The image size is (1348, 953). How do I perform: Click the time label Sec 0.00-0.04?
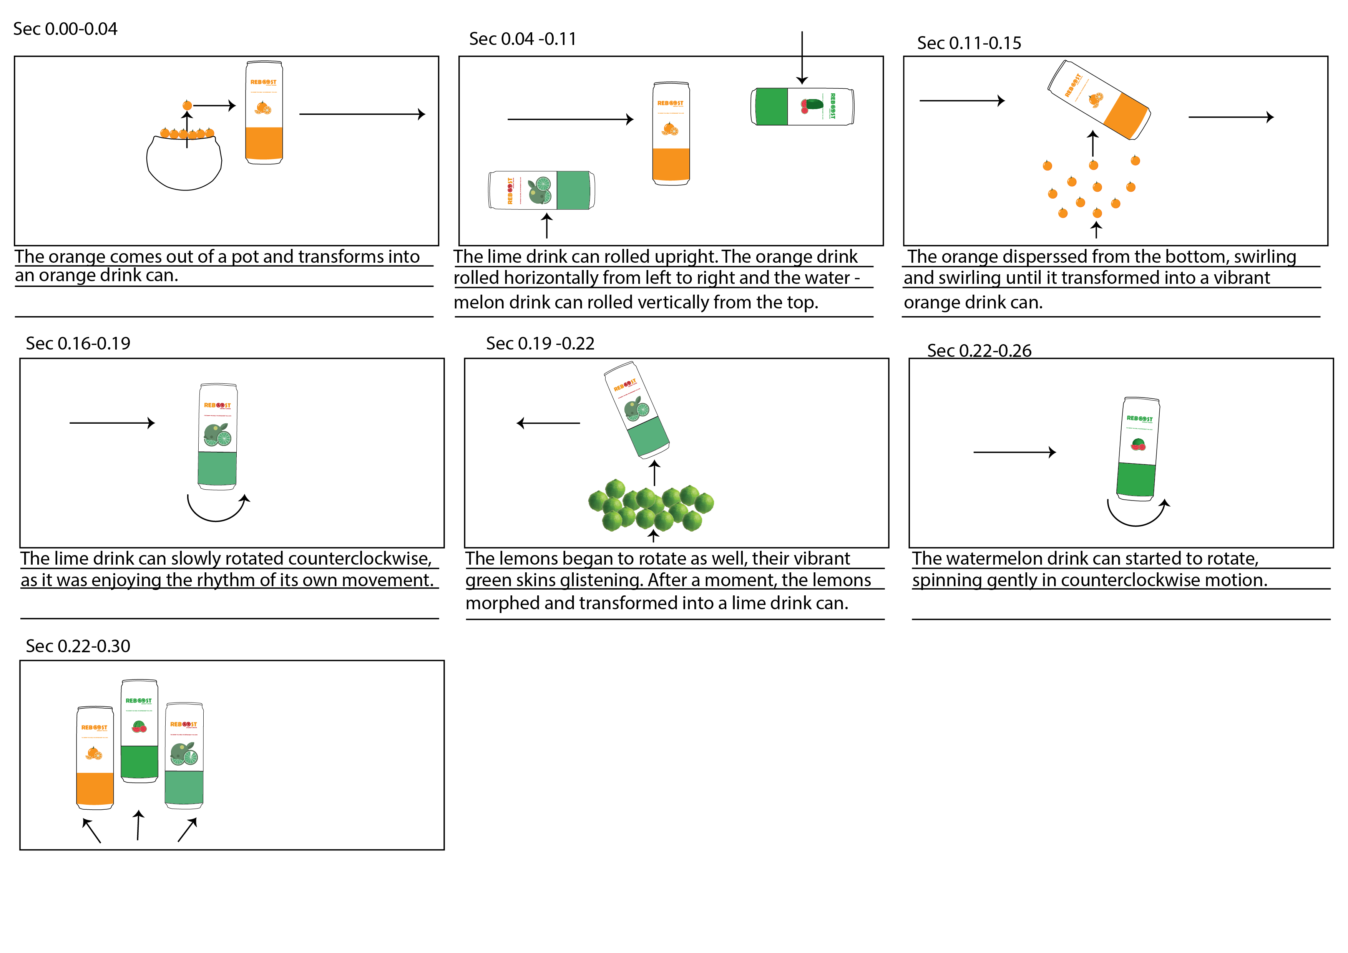coord(65,29)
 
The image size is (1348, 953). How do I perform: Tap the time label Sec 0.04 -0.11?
coord(523,39)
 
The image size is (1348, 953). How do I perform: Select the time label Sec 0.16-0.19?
coord(78,343)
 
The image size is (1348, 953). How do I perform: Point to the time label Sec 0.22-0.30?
coord(78,646)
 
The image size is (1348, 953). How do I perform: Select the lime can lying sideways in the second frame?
coord(541,190)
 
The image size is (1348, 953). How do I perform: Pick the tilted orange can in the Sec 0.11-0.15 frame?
coord(1099,100)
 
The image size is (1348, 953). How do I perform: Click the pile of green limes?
coord(651,505)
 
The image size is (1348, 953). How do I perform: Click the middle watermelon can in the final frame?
coord(139,731)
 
